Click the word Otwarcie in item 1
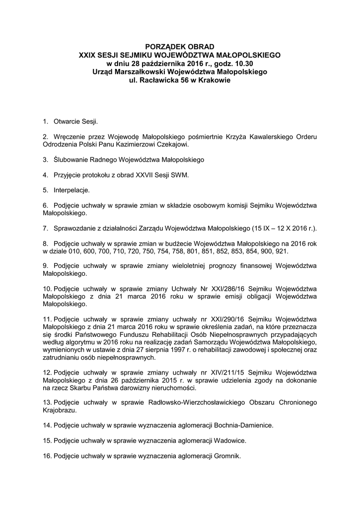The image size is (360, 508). point(66,121)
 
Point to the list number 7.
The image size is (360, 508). point(45,229)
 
